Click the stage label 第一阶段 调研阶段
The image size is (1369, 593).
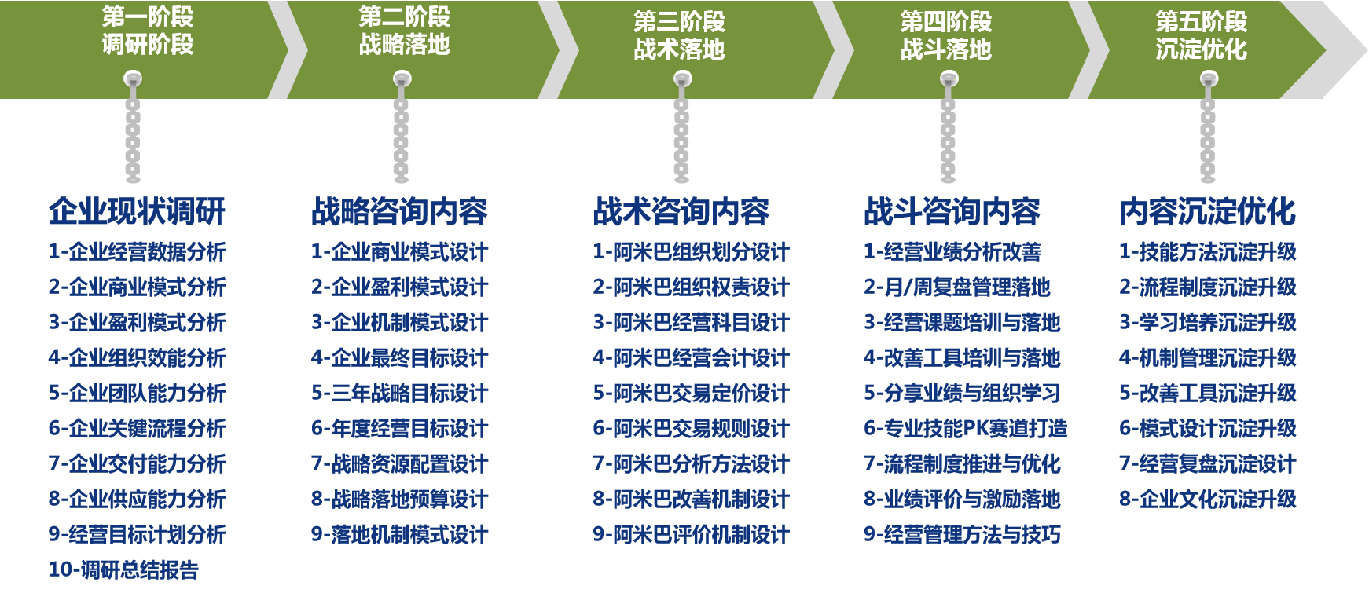(148, 31)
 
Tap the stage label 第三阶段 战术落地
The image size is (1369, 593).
(679, 35)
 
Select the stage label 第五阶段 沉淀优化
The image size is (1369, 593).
(1201, 35)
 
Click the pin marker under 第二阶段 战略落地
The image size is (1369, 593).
(402, 79)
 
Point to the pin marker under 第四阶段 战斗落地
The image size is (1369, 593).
(949, 79)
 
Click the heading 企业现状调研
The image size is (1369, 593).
(138, 211)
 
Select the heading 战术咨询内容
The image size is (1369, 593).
(681, 211)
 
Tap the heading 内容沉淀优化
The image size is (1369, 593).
(1207, 211)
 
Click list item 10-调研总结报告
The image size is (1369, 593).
(124, 569)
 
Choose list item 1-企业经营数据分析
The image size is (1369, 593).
(138, 251)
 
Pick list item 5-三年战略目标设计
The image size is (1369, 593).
(400, 393)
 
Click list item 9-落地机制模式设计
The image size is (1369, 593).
(400, 534)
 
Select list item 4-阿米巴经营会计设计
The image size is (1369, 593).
(691, 357)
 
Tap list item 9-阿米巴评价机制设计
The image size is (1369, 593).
(691, 534)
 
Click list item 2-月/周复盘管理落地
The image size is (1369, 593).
(957, 287)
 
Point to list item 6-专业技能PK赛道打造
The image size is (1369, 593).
(966, 428)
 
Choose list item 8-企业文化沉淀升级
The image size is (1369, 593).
(1208, 499)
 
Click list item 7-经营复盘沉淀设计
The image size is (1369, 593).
(1208, 463)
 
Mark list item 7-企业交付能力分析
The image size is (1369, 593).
(138, 463)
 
